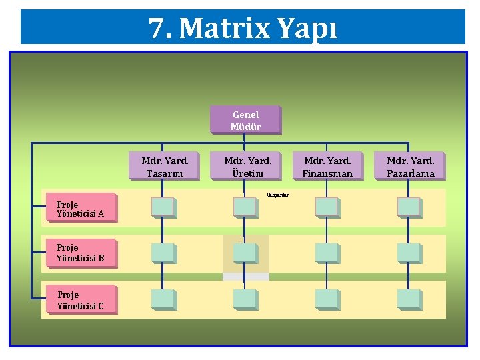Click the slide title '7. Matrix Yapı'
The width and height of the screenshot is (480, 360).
pyautogui.click(x=243, y=28)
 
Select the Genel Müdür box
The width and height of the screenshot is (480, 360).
pyautogui.click(x=245, y=120)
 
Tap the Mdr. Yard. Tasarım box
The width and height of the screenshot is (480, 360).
pyautogui.click(x=164, y=167)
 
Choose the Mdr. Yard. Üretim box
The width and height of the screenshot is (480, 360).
pyautogui.click(x=247, y=167)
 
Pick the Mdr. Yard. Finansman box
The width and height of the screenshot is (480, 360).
pyautogui.click(x=327, y=167)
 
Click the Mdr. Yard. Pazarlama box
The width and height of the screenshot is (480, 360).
pyautogui.click(x=410, y=167)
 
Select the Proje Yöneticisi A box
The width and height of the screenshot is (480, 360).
pyautogui.click(x=80, y=209)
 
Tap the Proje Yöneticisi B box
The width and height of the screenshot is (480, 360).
pyautogui.click(x=80, y=252)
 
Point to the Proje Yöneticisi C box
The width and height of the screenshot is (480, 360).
pyautogui.click(x=80, y=300)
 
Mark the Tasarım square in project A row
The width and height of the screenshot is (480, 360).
pyautogui.click(x=163, y=207)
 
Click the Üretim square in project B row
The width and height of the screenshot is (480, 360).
pyautogui.click(x=245, y=253)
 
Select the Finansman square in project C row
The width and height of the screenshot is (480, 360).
pyautogui.click(x=327, y=299)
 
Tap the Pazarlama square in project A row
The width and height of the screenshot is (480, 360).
pyautogui.click(x=409, y=207)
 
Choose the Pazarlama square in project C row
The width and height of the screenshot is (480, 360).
pyautogui.click(x=409, y=299)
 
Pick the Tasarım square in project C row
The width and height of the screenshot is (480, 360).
pyautogui.click(x=163, y=299)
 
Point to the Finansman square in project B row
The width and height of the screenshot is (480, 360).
pyautogui.click(x=327, y=253)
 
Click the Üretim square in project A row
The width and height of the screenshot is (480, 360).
pyautogui.click(x=245, y=207)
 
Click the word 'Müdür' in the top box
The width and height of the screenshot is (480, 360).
pyautogui.click(x=245, y=127)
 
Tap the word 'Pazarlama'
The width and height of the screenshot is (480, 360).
pyautogui.click(x=410, y=173)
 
